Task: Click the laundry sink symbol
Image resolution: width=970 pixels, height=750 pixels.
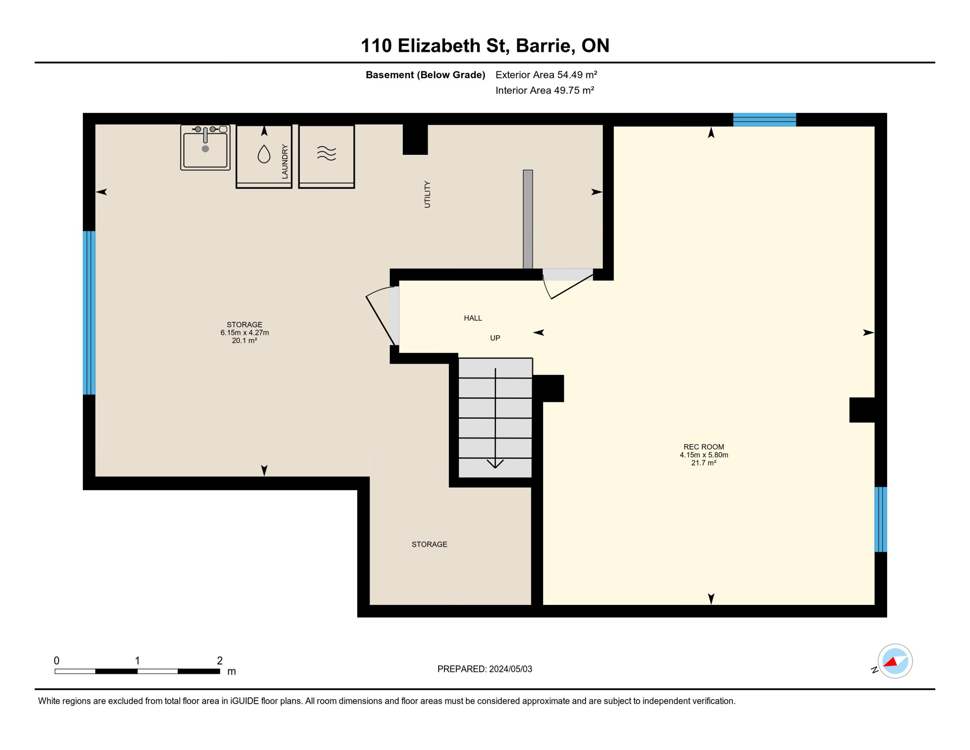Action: pyautogui.click(x=205, y=147)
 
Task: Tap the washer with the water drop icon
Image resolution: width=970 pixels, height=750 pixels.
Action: pyautogui.click(x=264, y=156)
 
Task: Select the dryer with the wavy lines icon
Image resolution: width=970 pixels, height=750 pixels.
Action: pyautogui.click(x=326, y=156)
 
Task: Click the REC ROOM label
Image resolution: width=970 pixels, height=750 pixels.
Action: pyautogui.click(x=704, y=447)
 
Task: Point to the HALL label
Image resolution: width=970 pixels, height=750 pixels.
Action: pyautogui.click(x=473, y=318)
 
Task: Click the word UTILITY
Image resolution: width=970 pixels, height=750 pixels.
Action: pyautogui.click(x=427, y=194)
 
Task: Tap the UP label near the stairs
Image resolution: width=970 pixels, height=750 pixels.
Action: pyautogui.click(x=495, y=338)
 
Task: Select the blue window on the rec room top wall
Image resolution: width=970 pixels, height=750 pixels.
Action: pyautogui.click(x=765, y=120)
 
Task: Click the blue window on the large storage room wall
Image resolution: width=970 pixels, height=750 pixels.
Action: pyautogui.click(x=89, y=312)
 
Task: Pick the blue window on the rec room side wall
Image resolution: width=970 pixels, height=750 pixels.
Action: pyautogui.click(x=881, y=519)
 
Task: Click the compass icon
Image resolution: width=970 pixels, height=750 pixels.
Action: pyautogui.click(x=895, y=661)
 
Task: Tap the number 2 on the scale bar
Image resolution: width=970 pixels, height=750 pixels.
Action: pyautogui.click(x=220, y=661)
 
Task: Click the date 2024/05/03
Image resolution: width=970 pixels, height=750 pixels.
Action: pyautogui.click(x=510, y=669)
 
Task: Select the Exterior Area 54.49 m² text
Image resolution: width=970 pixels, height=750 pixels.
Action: pyautogui.click(x=546, y=75)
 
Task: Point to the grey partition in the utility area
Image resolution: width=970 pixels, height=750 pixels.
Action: pyautogui.click(x=528, y=219)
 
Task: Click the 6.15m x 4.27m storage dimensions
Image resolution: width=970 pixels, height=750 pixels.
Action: pyautogui.click(x=244, y=333)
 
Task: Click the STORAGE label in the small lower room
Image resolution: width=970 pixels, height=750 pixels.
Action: pyautogui.click(x=429, y=544)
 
